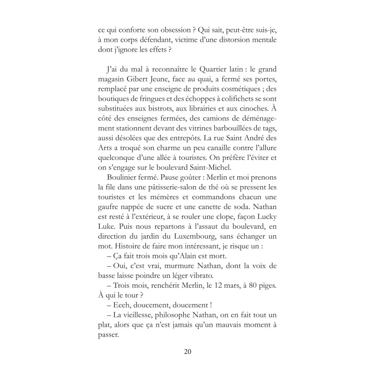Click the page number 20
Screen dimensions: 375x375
[x=187, y=352]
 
